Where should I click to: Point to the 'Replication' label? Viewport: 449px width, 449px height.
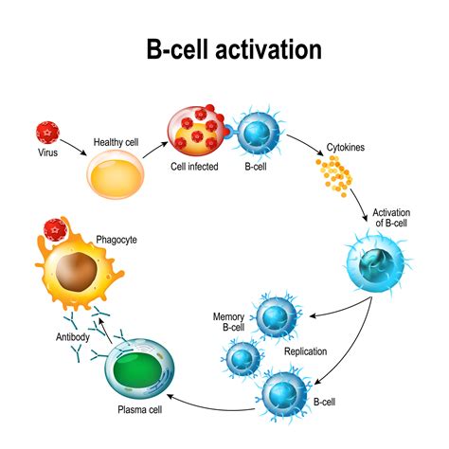pos(305,350)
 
